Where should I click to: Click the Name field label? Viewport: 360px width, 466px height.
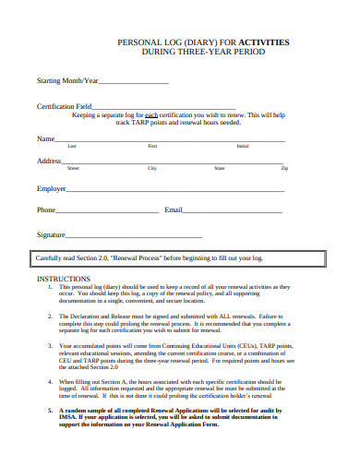pyautogui.click(x=45, y=138)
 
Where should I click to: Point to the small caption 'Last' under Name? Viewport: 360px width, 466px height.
pyautogui.click(x=72, y=147)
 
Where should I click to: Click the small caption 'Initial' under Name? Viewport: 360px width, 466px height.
pyautogui.click(x=243, y=147)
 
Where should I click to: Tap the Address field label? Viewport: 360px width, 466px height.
pyautogui.click(x=49, y=161)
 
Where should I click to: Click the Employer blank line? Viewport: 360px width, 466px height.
pyautogui.click(x=175, y=190)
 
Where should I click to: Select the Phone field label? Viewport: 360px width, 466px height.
pyautogui.click(x=46, y=210)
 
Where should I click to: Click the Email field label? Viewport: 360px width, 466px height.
pyautogui.click(x=173, y=210)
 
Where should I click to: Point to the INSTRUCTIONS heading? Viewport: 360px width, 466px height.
pyautogui.click(x=63, y=278)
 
